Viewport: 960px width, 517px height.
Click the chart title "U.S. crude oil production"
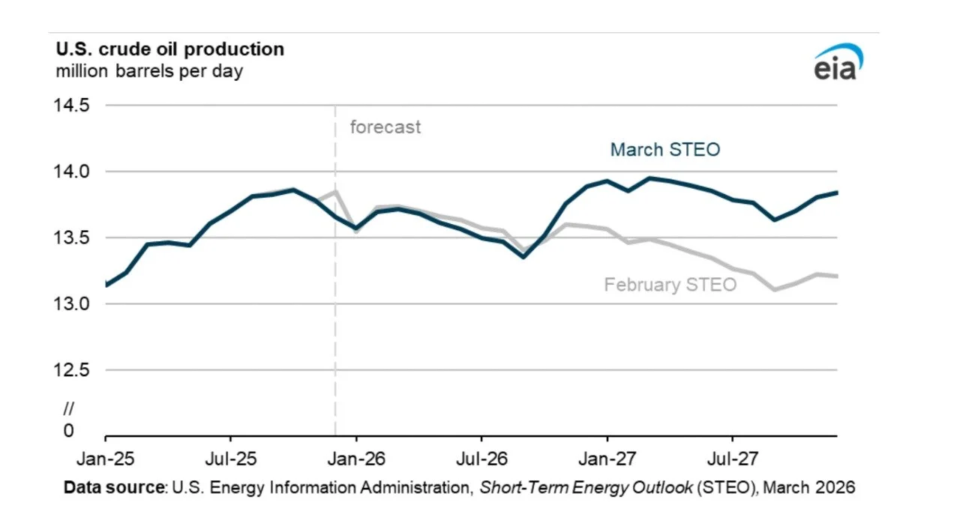[170, 49]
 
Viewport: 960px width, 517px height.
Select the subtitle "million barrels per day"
[149, 72]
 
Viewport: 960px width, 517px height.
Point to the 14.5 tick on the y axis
[69, 106]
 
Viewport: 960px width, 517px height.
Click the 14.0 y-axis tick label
[69, 172]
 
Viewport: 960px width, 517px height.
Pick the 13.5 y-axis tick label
[69, 238]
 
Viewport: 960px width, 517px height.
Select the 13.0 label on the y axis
[69, 303]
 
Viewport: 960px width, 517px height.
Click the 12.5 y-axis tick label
[69, 369]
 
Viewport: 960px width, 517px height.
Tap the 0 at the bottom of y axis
[69, 431]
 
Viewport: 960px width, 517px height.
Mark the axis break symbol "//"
[69, 408]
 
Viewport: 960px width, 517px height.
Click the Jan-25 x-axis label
[105, 456]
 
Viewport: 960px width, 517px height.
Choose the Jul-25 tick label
[230, 456]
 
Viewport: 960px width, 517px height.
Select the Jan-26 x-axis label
[356, 456]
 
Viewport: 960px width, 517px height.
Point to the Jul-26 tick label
[481, 456]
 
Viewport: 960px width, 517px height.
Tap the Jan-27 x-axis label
[607, 456]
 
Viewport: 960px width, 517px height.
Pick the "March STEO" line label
[664, 150]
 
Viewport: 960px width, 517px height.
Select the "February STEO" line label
[670, 285]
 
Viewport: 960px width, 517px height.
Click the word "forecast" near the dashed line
[385, 127]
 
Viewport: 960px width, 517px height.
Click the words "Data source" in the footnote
[113, 488]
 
